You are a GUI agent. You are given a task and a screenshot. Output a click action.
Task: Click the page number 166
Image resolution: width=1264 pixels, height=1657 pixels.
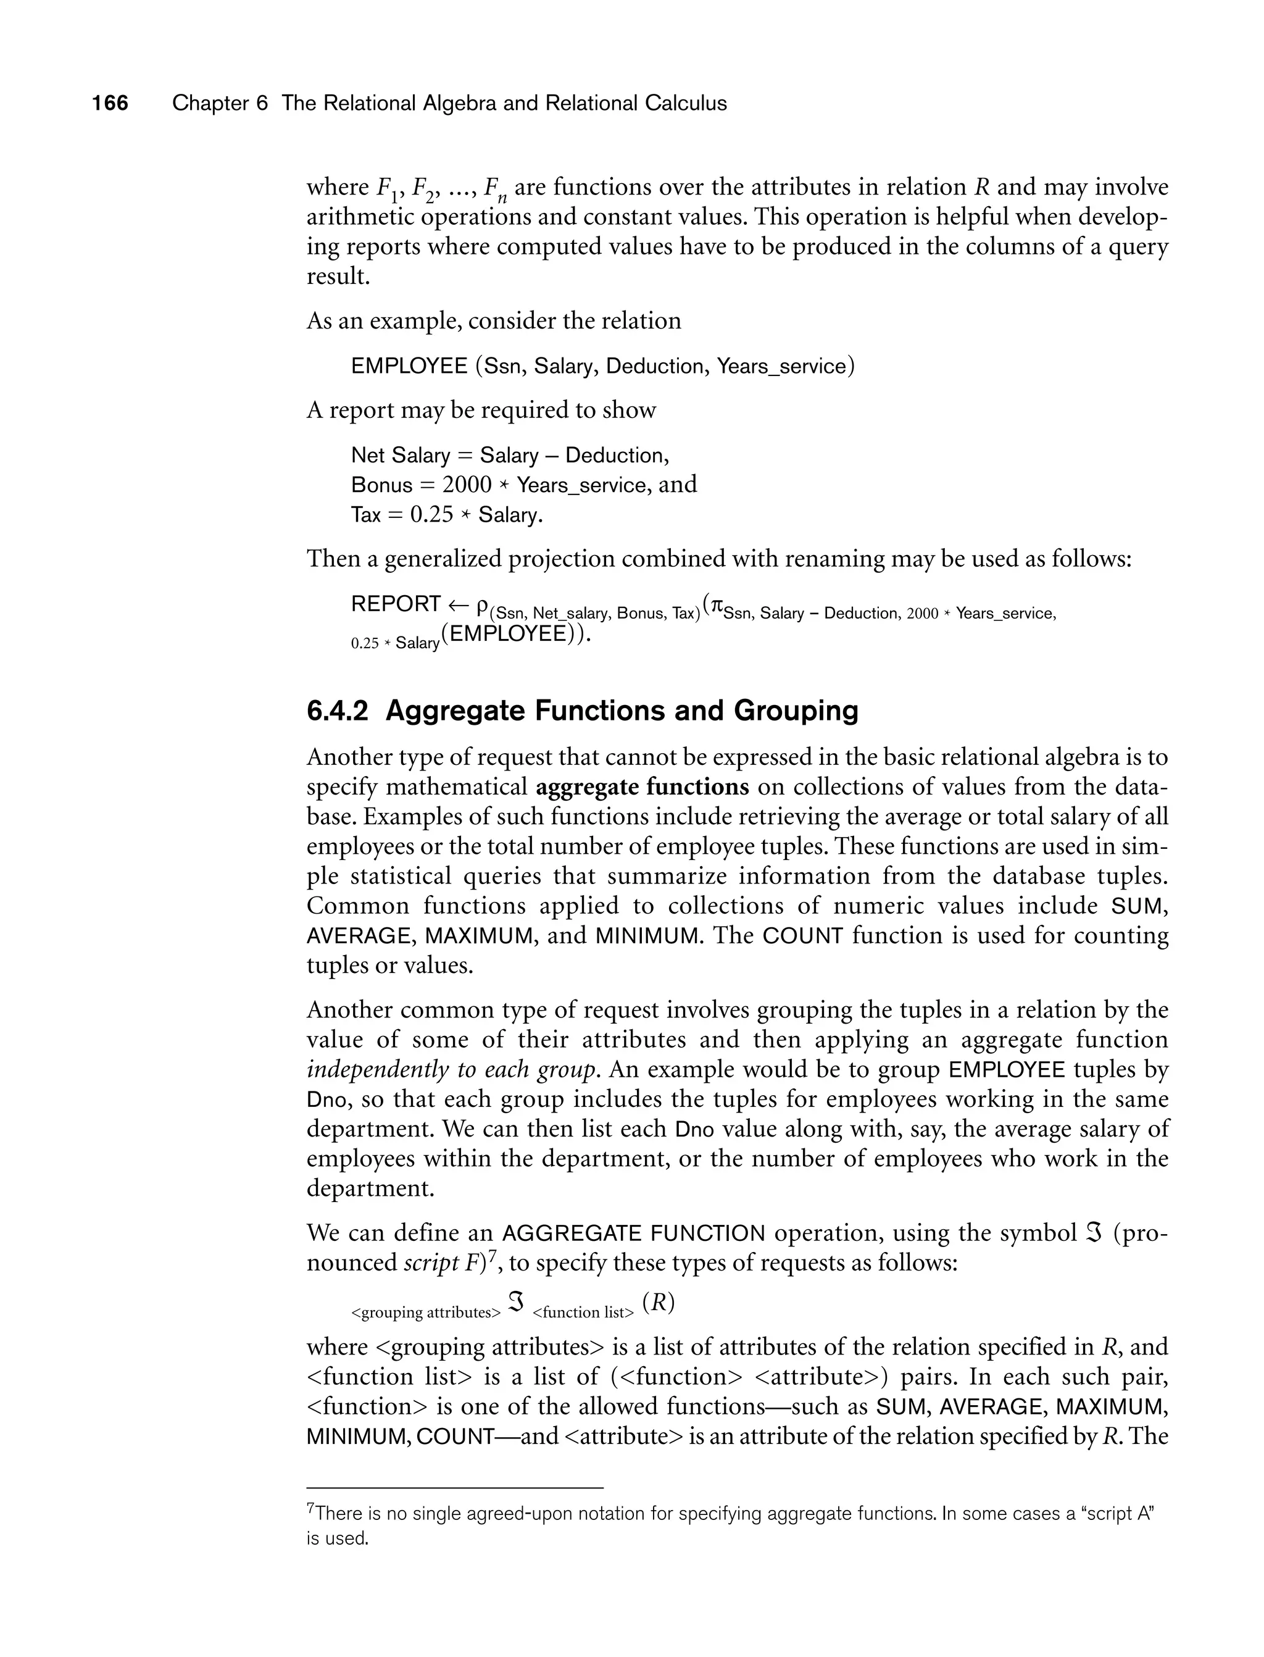click(x=110, y=103)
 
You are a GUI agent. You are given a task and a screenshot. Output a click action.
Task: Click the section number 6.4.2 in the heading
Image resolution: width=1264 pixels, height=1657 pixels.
click(x=337, y=711)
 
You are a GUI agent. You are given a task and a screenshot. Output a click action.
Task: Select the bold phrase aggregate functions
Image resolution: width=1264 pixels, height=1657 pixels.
click(x=642, y=787)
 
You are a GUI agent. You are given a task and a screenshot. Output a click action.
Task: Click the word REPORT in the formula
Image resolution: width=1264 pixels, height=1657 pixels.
click(x=396, y=604)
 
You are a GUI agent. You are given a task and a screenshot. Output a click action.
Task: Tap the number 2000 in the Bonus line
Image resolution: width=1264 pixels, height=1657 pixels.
click(x=467, y=485)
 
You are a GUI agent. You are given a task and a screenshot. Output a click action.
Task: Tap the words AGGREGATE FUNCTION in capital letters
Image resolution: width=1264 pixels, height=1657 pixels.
click(x=633, y=1233)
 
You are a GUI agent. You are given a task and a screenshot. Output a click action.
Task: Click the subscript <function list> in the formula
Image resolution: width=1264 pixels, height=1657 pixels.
click(x=583, y=1313)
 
